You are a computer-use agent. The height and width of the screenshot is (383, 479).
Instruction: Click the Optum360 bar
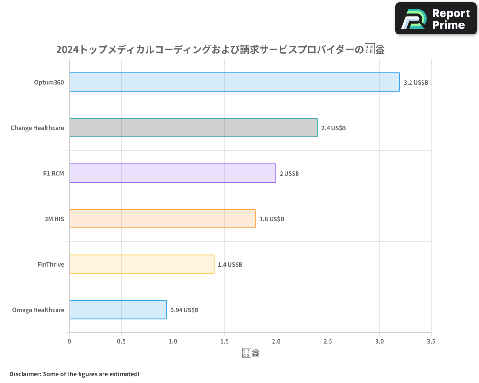[x=235, y=82]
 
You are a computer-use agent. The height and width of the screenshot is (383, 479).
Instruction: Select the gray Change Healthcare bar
[x=193, y=128]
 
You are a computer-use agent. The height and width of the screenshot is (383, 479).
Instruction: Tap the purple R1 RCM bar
[x=172, y=173]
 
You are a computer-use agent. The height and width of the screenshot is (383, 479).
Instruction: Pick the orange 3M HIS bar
[x=162, y=219]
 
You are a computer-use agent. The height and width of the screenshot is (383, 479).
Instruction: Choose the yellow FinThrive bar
[x=142, y=264]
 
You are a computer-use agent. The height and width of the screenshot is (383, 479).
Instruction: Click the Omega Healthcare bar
[x=118, y=310]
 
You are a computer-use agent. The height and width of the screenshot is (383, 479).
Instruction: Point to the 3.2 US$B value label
[x=416, y=82]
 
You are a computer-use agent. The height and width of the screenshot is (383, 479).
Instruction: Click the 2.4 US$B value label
[x=333, y=128]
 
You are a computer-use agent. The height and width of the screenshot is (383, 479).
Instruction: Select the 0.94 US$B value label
[x=184, y=310]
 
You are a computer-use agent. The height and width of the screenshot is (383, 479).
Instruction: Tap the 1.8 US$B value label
[x=272, y=219]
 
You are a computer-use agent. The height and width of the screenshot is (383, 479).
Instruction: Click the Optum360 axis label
[x=49, y=82]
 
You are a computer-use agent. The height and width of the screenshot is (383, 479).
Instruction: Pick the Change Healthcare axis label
[x=37, y=128]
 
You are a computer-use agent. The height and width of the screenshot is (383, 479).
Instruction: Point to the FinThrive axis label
[x=51, y=264]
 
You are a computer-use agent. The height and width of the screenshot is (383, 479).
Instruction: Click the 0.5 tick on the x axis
[x=121, y=341]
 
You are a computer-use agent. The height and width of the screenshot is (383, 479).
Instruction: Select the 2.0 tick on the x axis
[x=276, y=341]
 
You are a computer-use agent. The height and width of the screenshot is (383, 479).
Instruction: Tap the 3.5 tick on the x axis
[x=431, y=341]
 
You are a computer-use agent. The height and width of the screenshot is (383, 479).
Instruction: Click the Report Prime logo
[x=436, y=19]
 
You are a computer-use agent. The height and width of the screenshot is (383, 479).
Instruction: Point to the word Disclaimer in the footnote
[x=24, y=374]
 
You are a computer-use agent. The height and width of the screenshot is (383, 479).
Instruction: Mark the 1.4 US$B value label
[x=230, y=264]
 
